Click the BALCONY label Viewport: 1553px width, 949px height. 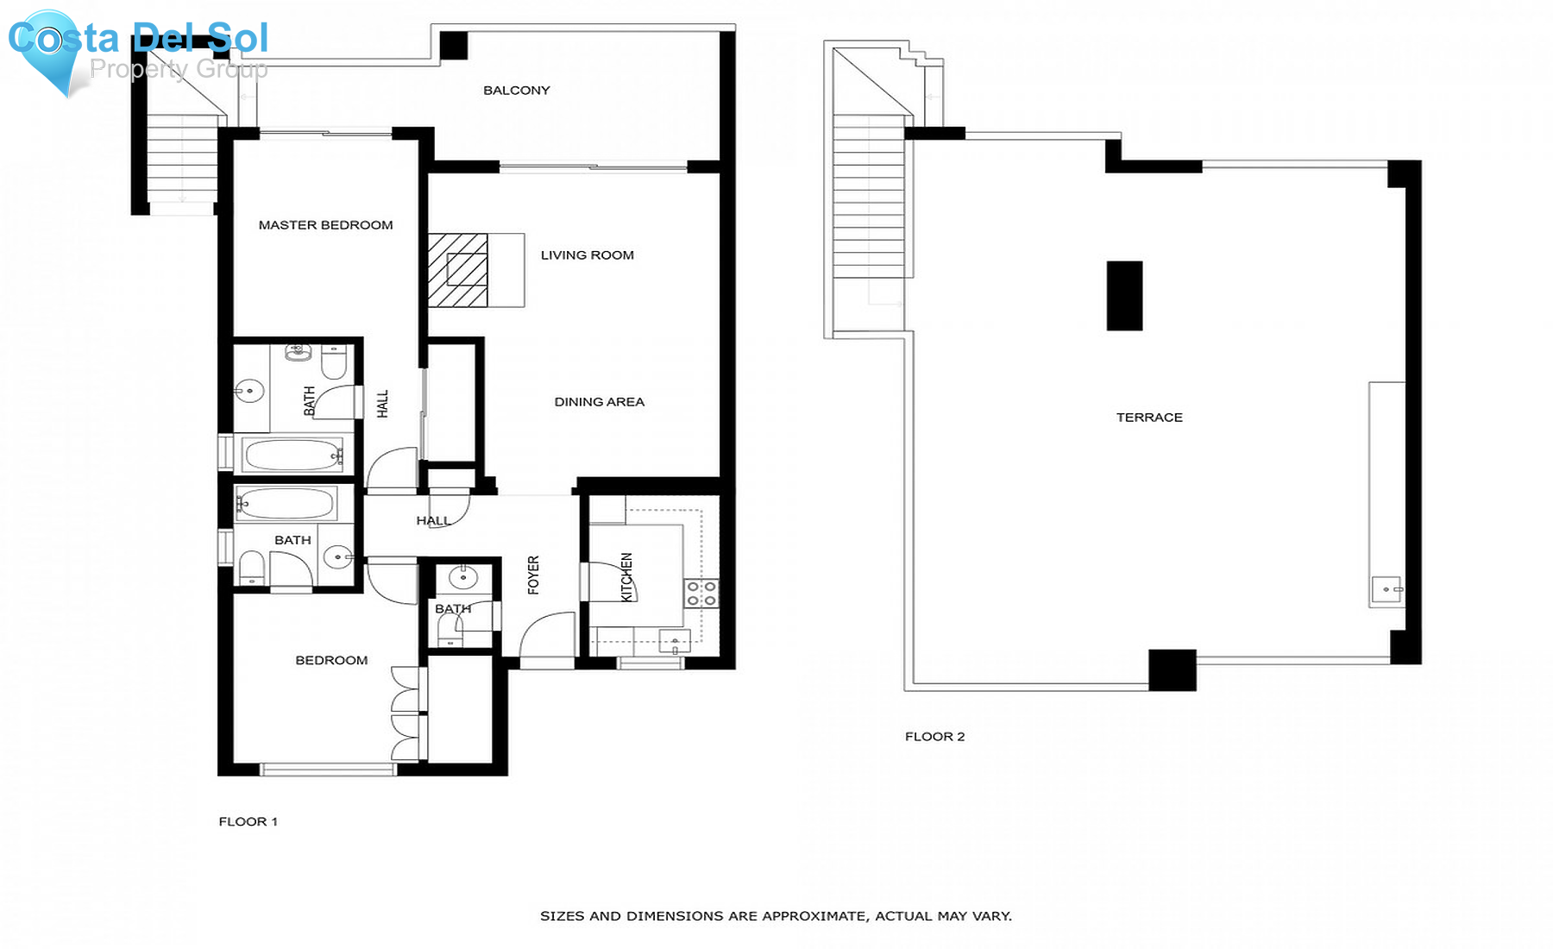(x=516, y=91)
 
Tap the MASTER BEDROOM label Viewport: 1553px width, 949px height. (x=325, y=225)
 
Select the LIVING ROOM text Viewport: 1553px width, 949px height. (x=587, y=255)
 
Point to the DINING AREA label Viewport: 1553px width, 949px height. (x=599, y=402)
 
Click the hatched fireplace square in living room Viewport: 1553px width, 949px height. (x=458, y=270)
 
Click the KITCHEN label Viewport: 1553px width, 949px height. (x=627, y=576)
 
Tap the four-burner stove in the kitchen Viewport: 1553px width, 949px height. (x=701, y=594)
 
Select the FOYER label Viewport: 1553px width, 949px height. (x=533, y=575)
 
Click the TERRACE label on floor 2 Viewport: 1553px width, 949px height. (x=1149, y=418)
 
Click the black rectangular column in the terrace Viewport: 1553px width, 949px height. (x=1124, y=296)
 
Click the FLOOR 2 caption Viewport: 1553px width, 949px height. (x=934, y=737)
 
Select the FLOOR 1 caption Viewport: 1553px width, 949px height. (x=248, y=822)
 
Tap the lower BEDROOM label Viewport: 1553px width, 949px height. (x=331, y=661)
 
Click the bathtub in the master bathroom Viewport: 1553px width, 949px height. (x=292, y=455)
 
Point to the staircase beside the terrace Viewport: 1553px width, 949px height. (x=869, y=198)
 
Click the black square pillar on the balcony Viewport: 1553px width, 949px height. (x=454, y=46)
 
